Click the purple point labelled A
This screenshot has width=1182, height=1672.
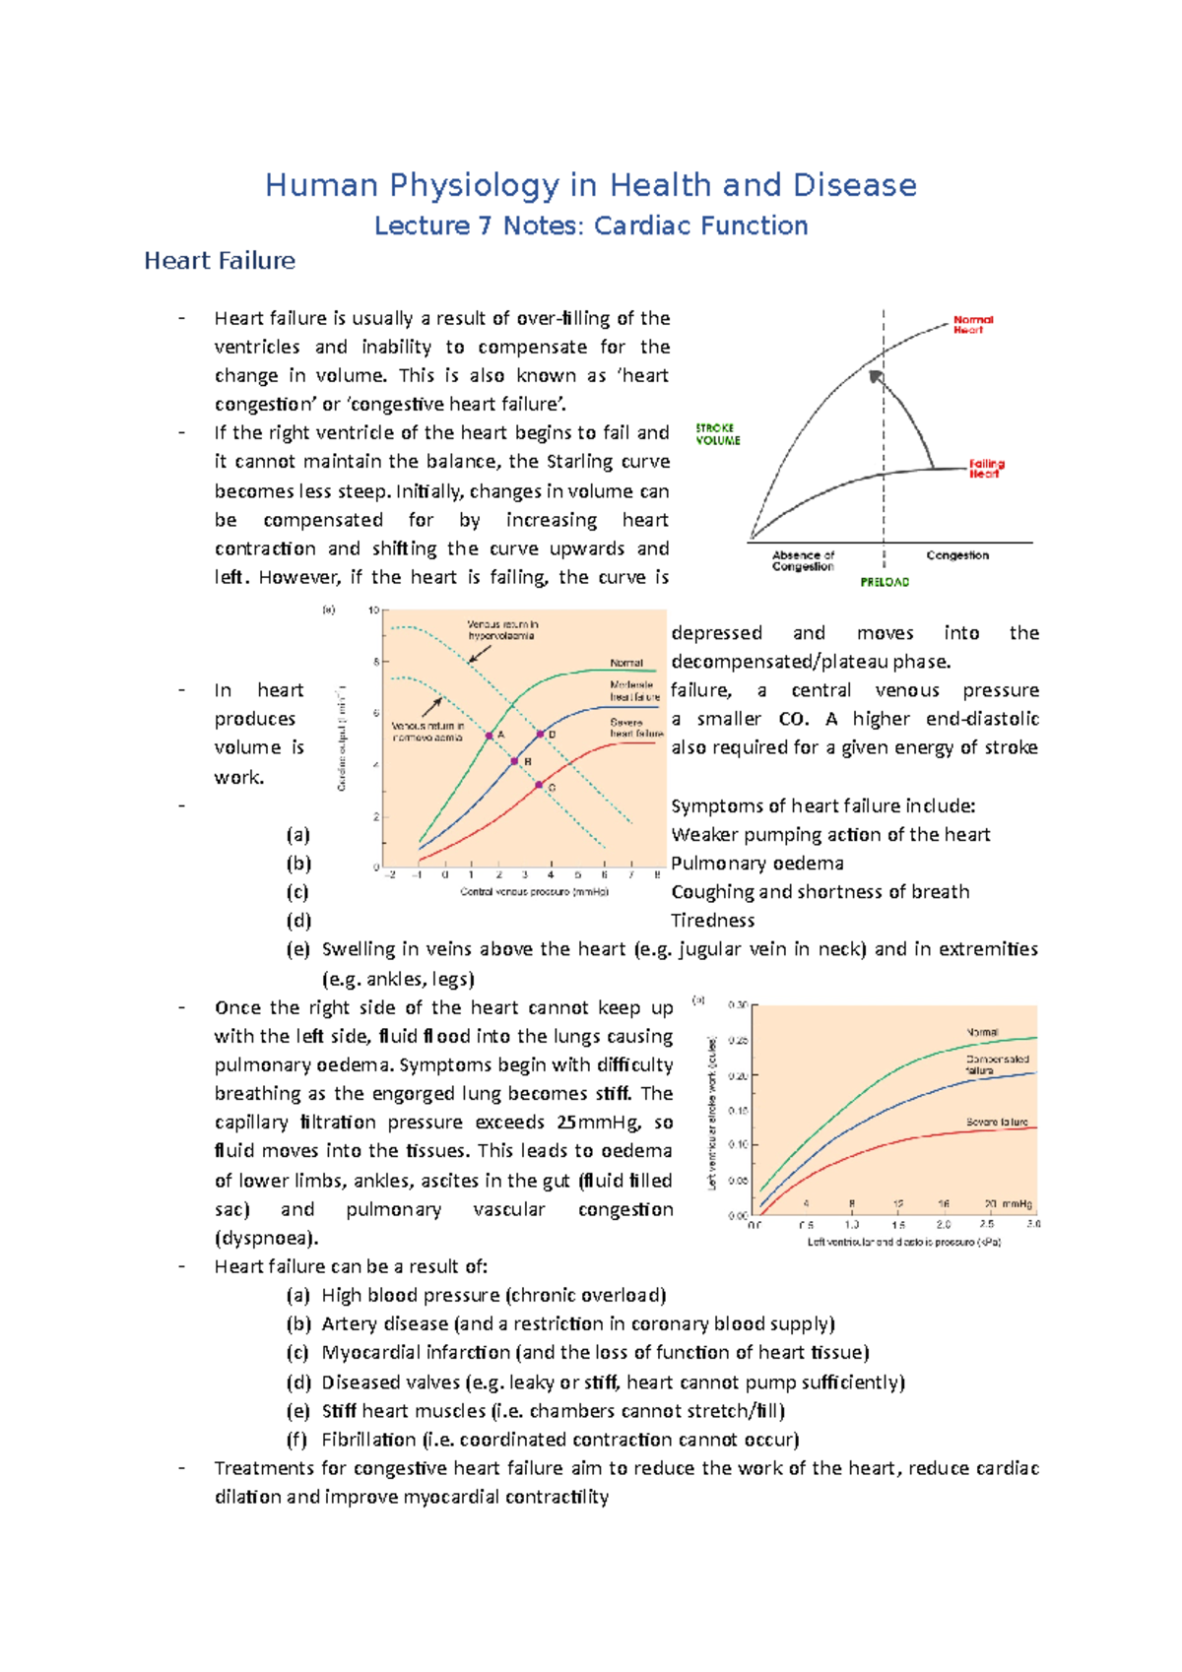pyautogui.click(x=490, y=736)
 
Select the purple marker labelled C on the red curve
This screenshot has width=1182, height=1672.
pyautogui.click(x=539, y=785)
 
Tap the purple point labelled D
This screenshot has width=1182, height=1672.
pyautogui.click(x=540, y=735)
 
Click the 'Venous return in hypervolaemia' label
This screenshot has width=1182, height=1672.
pyautogui.click(x=502, y=630)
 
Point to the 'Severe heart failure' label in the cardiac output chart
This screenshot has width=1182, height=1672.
pyautogui.click(x=636, y=728)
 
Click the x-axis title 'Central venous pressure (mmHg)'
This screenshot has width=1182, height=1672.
pyautogui.click(x=534, y=892)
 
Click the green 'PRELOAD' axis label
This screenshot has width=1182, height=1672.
pyautogui.click(x=885, y=582)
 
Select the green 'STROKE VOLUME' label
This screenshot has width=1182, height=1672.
pyautogui.click(x=718, y=434)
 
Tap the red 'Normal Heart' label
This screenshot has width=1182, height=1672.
pyautogui.click(x=972, y=325)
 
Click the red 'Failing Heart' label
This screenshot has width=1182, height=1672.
pyautogui.click(x=986, y=468)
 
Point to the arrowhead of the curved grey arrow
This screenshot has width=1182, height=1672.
pyautogui.click(x=876, y=376)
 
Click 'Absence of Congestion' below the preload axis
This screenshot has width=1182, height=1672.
pyautogui.click(x=803, y=560)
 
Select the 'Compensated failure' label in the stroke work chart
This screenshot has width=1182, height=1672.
pyautogui.click(x=997, y=1064)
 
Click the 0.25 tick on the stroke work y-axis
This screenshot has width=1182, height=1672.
pyautogui.click(x=738, y=1041)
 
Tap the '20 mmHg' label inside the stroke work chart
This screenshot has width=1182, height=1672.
pyautogui.click(x=1008, y=1204)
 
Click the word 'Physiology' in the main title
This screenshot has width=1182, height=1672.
pyautogui.click(x=474, y=185)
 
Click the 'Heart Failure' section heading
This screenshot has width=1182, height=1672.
pyautogui.click(x=220, y=261)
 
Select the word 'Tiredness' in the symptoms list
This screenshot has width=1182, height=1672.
pyautogui.click(x=712, y=921)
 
